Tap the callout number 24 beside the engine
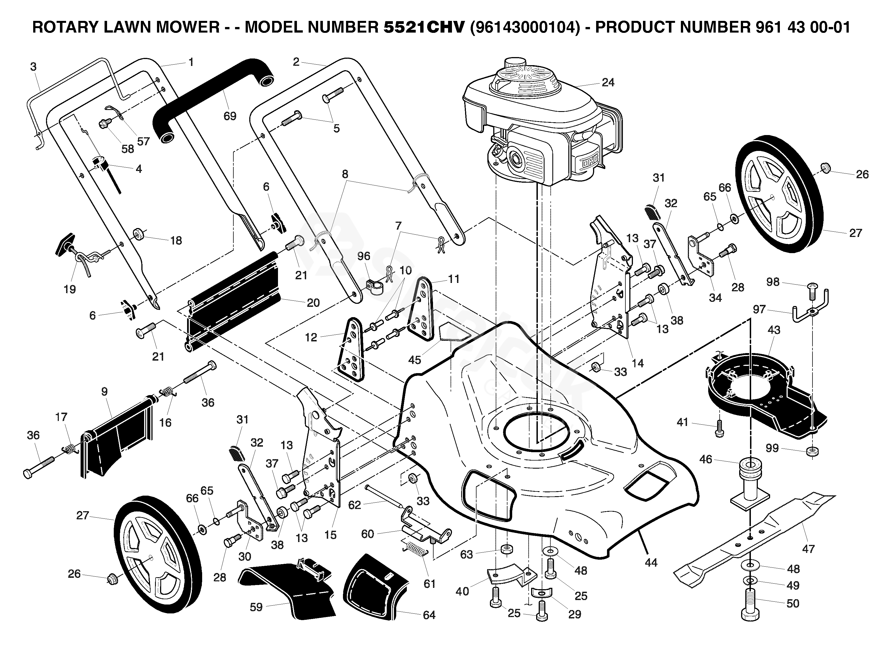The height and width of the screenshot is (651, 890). pyautogui.click(x=608, y=82)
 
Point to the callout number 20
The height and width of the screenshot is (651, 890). pyautogui.click(x=313, y=303)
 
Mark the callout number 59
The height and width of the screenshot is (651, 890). pyautogui.click(x=256, y=607)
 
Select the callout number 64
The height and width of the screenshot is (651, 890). pyautogui.click(x=429, y=615)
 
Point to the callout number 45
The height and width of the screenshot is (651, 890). pyautogui.click(x=414, y=360)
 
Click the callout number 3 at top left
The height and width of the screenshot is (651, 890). pyautogui.click(x=33, y=67)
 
